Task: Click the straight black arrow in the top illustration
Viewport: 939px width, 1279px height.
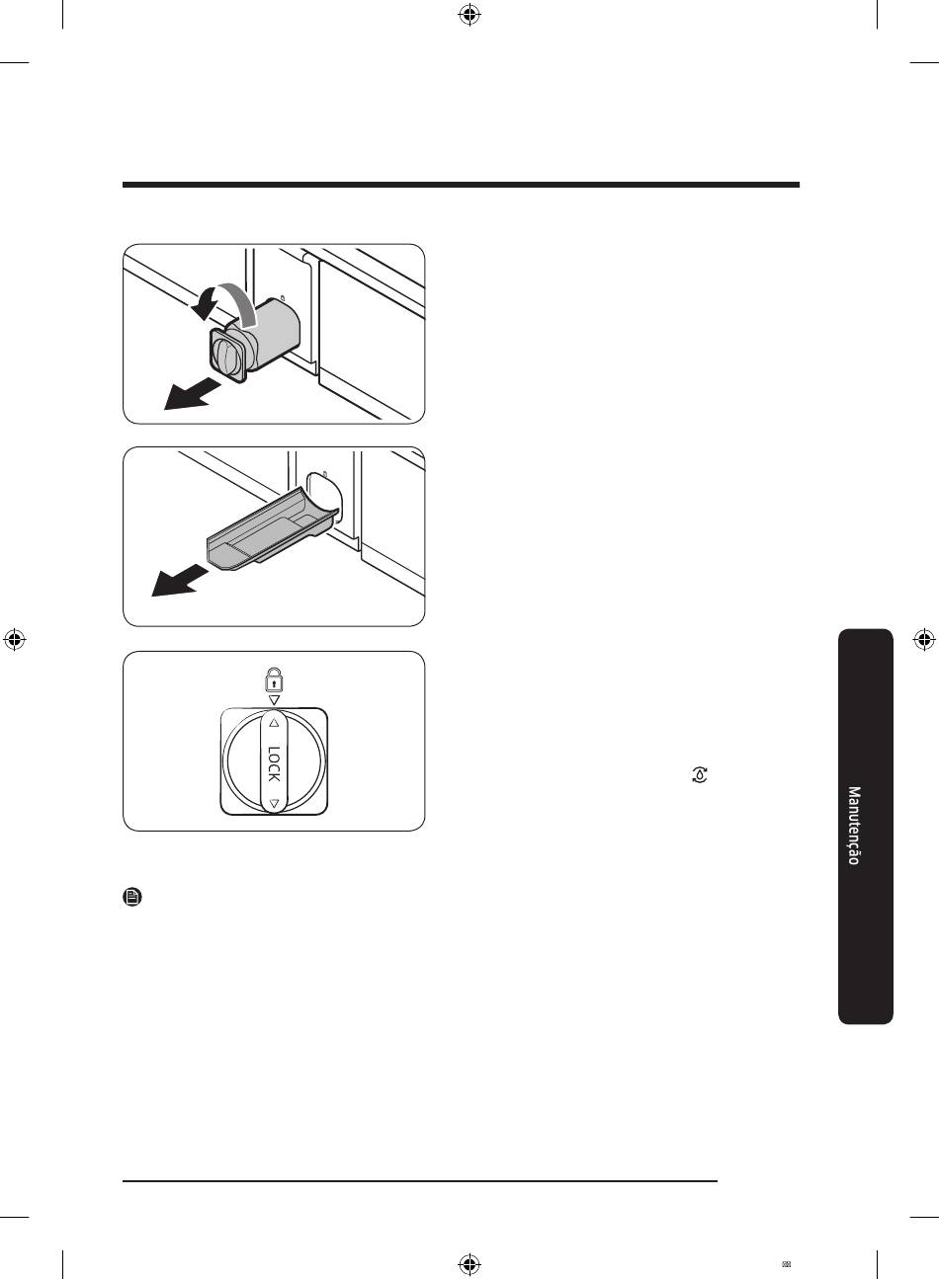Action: pyautogui.click(x=192, y=395)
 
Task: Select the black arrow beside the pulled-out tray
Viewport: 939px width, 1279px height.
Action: pyautogui.click(x=179, y=581)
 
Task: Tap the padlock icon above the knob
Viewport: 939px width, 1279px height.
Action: pyautogui.click(x=274, y=679)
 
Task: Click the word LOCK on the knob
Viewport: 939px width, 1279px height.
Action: pyautogui.click(x=274, y=763)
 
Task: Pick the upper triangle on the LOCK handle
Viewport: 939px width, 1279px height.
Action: pyautogui.click(x=274, y=723)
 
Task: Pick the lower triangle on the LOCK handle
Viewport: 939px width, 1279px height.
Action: pyautogui.click(x=274, y=803)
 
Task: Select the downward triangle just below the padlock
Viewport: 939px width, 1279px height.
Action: pyautogui.click(x=274, y=700)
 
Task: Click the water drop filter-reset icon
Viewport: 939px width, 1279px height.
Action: pyautogui.click(x=700, y=774)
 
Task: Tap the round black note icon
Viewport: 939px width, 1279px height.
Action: pyautogui.click(x=132, y=897)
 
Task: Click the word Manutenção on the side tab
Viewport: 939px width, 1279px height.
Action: pyautogui.click(x=854, y=826)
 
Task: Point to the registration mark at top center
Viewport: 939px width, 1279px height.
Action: pyautogui.click(x=469, y=16)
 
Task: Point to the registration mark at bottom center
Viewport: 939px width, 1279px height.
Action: pyautogui.click(x=469, y=1263)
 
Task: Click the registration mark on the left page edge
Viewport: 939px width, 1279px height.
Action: pyautogui.click(x=15, y=640)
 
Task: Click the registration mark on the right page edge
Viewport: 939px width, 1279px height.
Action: pyautogui.click(x=923, y=640)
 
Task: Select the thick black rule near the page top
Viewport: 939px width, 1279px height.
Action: pyautogui.click(x=461, y=185)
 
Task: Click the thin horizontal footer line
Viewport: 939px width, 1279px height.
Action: pyautogui.click(x=420, y=1181)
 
